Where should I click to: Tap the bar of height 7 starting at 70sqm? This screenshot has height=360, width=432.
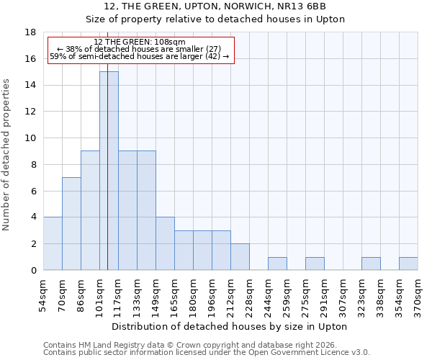(71, 223)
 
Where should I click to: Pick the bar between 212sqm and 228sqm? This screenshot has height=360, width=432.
(240, 256)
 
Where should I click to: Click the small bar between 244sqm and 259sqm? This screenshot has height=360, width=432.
(277, 264)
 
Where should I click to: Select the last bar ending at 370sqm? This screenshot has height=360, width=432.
(408, 264)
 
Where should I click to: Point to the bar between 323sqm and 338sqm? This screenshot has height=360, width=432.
(371, 264)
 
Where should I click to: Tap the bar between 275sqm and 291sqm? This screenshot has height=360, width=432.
(315, 264)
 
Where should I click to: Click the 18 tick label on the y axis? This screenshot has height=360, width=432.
(30, 32)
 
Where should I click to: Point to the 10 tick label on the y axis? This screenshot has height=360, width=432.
(30, 138)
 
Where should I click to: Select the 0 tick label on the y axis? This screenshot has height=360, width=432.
(33, 270)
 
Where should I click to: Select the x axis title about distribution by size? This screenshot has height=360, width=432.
(230, 326)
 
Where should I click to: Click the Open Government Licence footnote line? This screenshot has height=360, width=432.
(207, 353)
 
